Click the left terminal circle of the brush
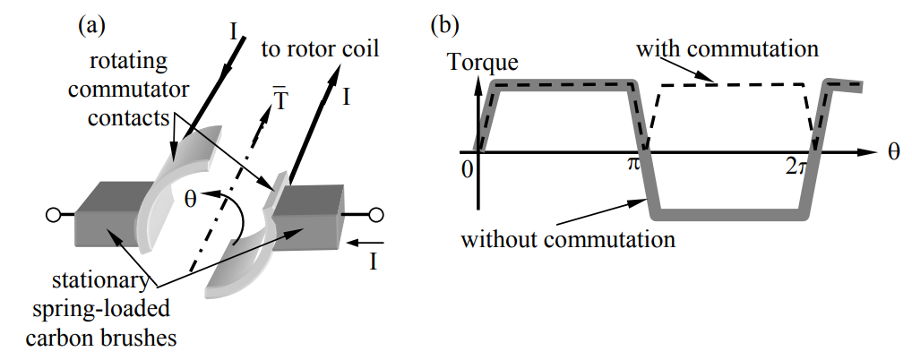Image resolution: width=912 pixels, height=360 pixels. [x=54, y=215]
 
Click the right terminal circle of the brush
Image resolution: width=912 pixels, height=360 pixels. [x=376, y=214]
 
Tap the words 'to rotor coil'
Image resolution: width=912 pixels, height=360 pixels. [x=322, y=47]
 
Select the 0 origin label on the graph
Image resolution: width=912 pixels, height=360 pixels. [x=466, y=167]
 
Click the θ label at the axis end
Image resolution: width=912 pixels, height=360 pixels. [x=893, y=152]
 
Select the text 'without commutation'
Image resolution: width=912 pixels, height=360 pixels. [x=567, y=240]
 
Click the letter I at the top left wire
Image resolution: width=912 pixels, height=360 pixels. [x=236, y=32]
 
